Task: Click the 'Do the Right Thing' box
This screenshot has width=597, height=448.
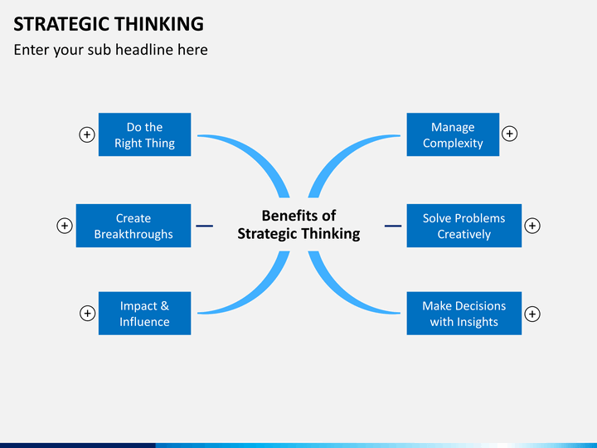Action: point(144,134)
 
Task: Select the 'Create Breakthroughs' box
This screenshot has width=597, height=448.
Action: point(133,226)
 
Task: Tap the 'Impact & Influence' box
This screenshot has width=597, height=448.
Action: point(144,314)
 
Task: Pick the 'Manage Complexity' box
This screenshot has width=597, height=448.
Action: point(453,134)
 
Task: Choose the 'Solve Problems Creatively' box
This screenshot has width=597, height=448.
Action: point(464,226)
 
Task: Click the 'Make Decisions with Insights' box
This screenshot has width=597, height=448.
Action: point(464,314)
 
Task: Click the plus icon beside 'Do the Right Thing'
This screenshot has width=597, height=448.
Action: point(86,134)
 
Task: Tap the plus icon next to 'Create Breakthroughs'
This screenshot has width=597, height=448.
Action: point(64,226)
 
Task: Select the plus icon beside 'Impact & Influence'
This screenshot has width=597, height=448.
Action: point(86,314)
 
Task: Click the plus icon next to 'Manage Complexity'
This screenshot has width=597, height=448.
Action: point(510,134)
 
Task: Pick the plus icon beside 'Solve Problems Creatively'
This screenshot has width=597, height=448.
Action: point(532,226)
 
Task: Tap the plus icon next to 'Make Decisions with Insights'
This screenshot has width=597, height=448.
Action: point(532,314)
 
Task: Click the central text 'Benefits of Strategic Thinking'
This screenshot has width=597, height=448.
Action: point(298,225)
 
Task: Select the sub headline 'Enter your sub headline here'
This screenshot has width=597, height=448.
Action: point(110,50)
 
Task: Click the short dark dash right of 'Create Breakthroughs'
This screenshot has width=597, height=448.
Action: point(204,226)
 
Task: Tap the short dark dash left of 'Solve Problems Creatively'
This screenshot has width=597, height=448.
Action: point(393,226)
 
